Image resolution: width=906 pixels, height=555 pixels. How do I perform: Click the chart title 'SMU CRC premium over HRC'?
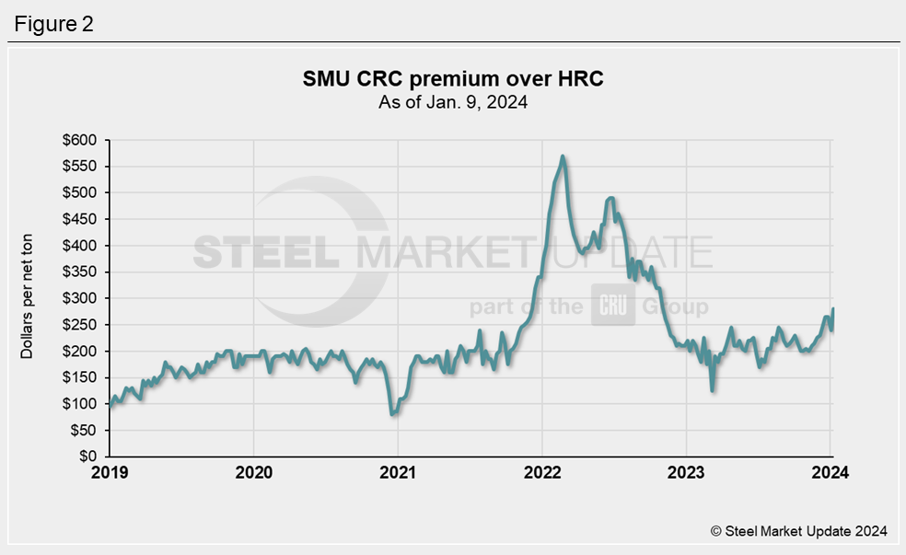tap(453, 79)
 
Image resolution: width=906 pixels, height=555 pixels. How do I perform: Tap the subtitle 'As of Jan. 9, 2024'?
tap(453, 102)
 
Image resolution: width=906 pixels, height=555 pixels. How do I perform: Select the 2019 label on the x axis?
tap(110, 473)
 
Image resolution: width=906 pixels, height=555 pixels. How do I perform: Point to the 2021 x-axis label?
tap(398, 473)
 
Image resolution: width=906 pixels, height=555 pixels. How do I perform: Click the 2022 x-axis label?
tap(541, 473)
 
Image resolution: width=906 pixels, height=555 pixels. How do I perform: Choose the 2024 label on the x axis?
tap(830, 473)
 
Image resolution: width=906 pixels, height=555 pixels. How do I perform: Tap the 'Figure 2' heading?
tap(53, 24)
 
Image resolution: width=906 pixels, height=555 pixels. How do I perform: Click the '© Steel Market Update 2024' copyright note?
tap(798, 531)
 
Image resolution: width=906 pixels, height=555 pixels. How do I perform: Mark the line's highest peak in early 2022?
tap(563, 156)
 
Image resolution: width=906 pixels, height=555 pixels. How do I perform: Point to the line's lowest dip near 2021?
tap(393, 414)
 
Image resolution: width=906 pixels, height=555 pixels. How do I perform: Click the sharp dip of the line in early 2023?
tap(713, 390)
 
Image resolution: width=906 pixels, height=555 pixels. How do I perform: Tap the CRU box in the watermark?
tap(612, 306)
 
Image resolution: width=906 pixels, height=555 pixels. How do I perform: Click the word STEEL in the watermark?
tap(267, 251)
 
